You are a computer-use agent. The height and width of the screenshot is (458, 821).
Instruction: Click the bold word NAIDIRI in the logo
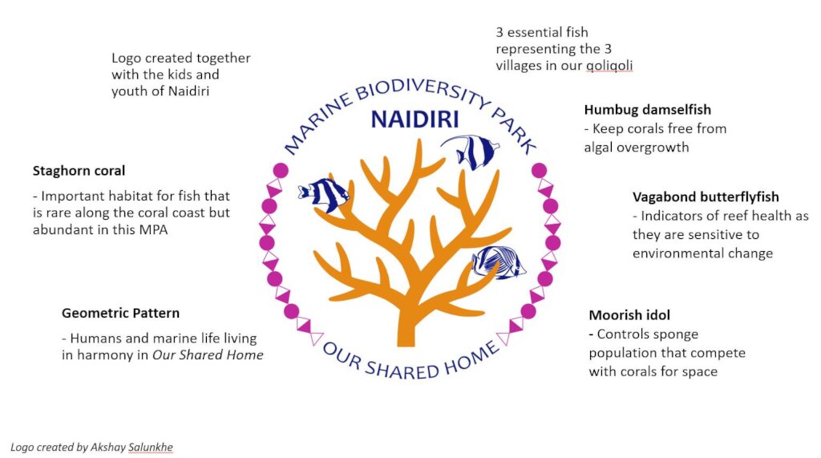coord(415,120)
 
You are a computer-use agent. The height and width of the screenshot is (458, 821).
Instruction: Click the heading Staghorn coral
coord(79,171)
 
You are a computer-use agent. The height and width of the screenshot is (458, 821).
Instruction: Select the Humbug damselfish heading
coord(648,110)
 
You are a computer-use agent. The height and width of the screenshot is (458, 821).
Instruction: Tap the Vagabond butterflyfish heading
coord(706,197)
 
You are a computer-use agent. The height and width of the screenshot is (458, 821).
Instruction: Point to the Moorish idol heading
coord(629,315)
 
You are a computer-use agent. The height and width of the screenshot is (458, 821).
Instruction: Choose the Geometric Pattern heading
coord(120,313)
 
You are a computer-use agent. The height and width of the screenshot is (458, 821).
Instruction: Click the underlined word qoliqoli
coord(609,66)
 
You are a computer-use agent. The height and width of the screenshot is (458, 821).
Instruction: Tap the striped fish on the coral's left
coord(324,194)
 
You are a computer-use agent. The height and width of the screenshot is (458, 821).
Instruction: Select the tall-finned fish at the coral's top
coord(471,152)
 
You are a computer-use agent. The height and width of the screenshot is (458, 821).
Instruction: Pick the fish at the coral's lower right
coord(498,262)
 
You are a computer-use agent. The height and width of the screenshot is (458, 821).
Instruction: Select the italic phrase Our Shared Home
coord(208,355)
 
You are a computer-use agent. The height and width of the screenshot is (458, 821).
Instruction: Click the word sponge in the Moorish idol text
coord(673,335)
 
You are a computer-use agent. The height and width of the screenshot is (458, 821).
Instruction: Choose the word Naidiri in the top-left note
coord(189,91)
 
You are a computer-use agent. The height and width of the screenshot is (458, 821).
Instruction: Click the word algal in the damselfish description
coord(598,148)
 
